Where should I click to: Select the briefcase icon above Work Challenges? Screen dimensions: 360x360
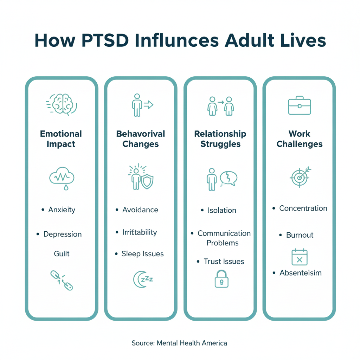pos(299,105)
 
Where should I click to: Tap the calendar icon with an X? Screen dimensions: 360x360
pos(300,257)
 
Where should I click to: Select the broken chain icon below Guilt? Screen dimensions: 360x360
pos(62,280)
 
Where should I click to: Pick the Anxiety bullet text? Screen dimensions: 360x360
pos(62,210)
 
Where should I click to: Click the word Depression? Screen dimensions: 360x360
pos(63,234)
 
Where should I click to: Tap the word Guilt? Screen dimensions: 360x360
pos(62,253)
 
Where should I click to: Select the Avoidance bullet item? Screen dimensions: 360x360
pos(140,210)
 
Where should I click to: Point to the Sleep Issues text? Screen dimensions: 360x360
pos(142,254)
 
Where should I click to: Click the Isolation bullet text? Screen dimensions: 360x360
pos(221,211)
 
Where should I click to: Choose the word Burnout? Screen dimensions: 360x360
pos(300,235)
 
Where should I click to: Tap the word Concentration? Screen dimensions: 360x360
pos(303,208)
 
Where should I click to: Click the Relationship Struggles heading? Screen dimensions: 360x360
pos(220,139)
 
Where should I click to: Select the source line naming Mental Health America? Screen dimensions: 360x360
pos(179,343)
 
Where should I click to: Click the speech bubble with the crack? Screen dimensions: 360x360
pos(229,178)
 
